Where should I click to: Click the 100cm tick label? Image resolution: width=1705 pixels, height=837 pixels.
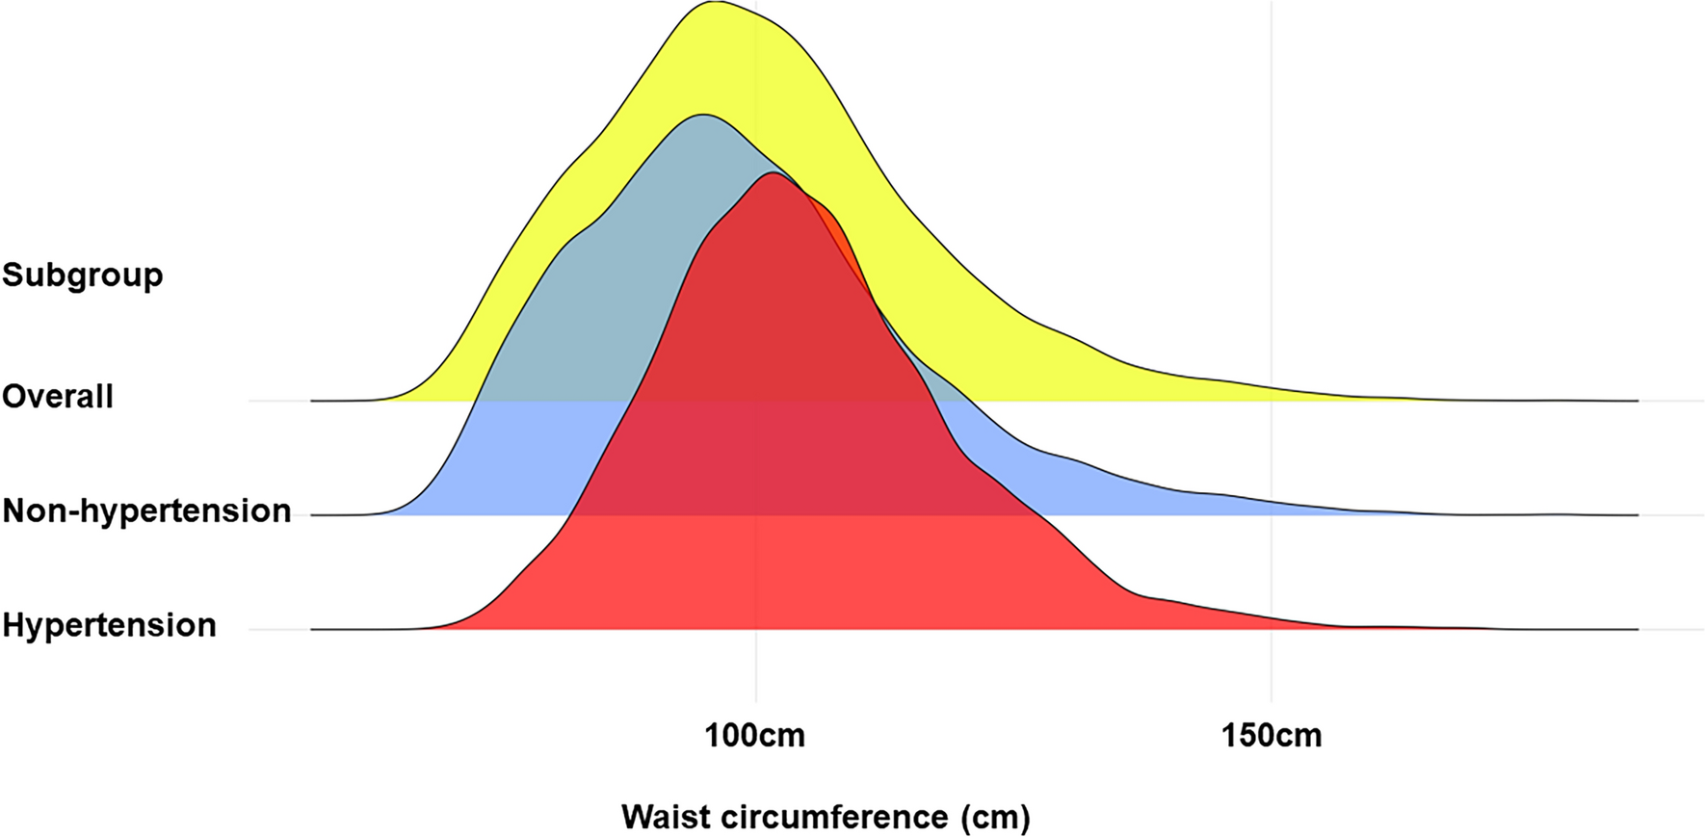755,737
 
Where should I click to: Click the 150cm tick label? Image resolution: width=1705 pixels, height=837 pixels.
1272,737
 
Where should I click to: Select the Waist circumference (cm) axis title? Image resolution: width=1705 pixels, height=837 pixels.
826,817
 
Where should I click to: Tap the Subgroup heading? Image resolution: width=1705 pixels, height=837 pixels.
83,275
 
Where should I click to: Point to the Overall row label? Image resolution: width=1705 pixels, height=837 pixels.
58,397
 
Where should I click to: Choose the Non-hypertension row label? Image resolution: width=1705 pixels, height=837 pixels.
146,510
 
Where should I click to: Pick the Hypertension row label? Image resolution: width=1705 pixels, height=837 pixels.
109,625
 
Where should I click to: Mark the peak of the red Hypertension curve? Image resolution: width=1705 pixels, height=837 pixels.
773,173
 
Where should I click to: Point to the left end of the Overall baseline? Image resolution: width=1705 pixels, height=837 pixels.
312,400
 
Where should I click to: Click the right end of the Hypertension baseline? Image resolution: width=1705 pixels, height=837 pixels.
1638,629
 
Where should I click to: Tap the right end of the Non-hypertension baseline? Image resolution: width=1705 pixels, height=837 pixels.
1638,515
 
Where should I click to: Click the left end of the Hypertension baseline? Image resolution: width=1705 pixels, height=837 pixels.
312,629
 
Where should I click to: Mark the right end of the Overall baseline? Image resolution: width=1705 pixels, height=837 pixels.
1638,400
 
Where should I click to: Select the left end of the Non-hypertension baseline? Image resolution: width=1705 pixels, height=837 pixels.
312,515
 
